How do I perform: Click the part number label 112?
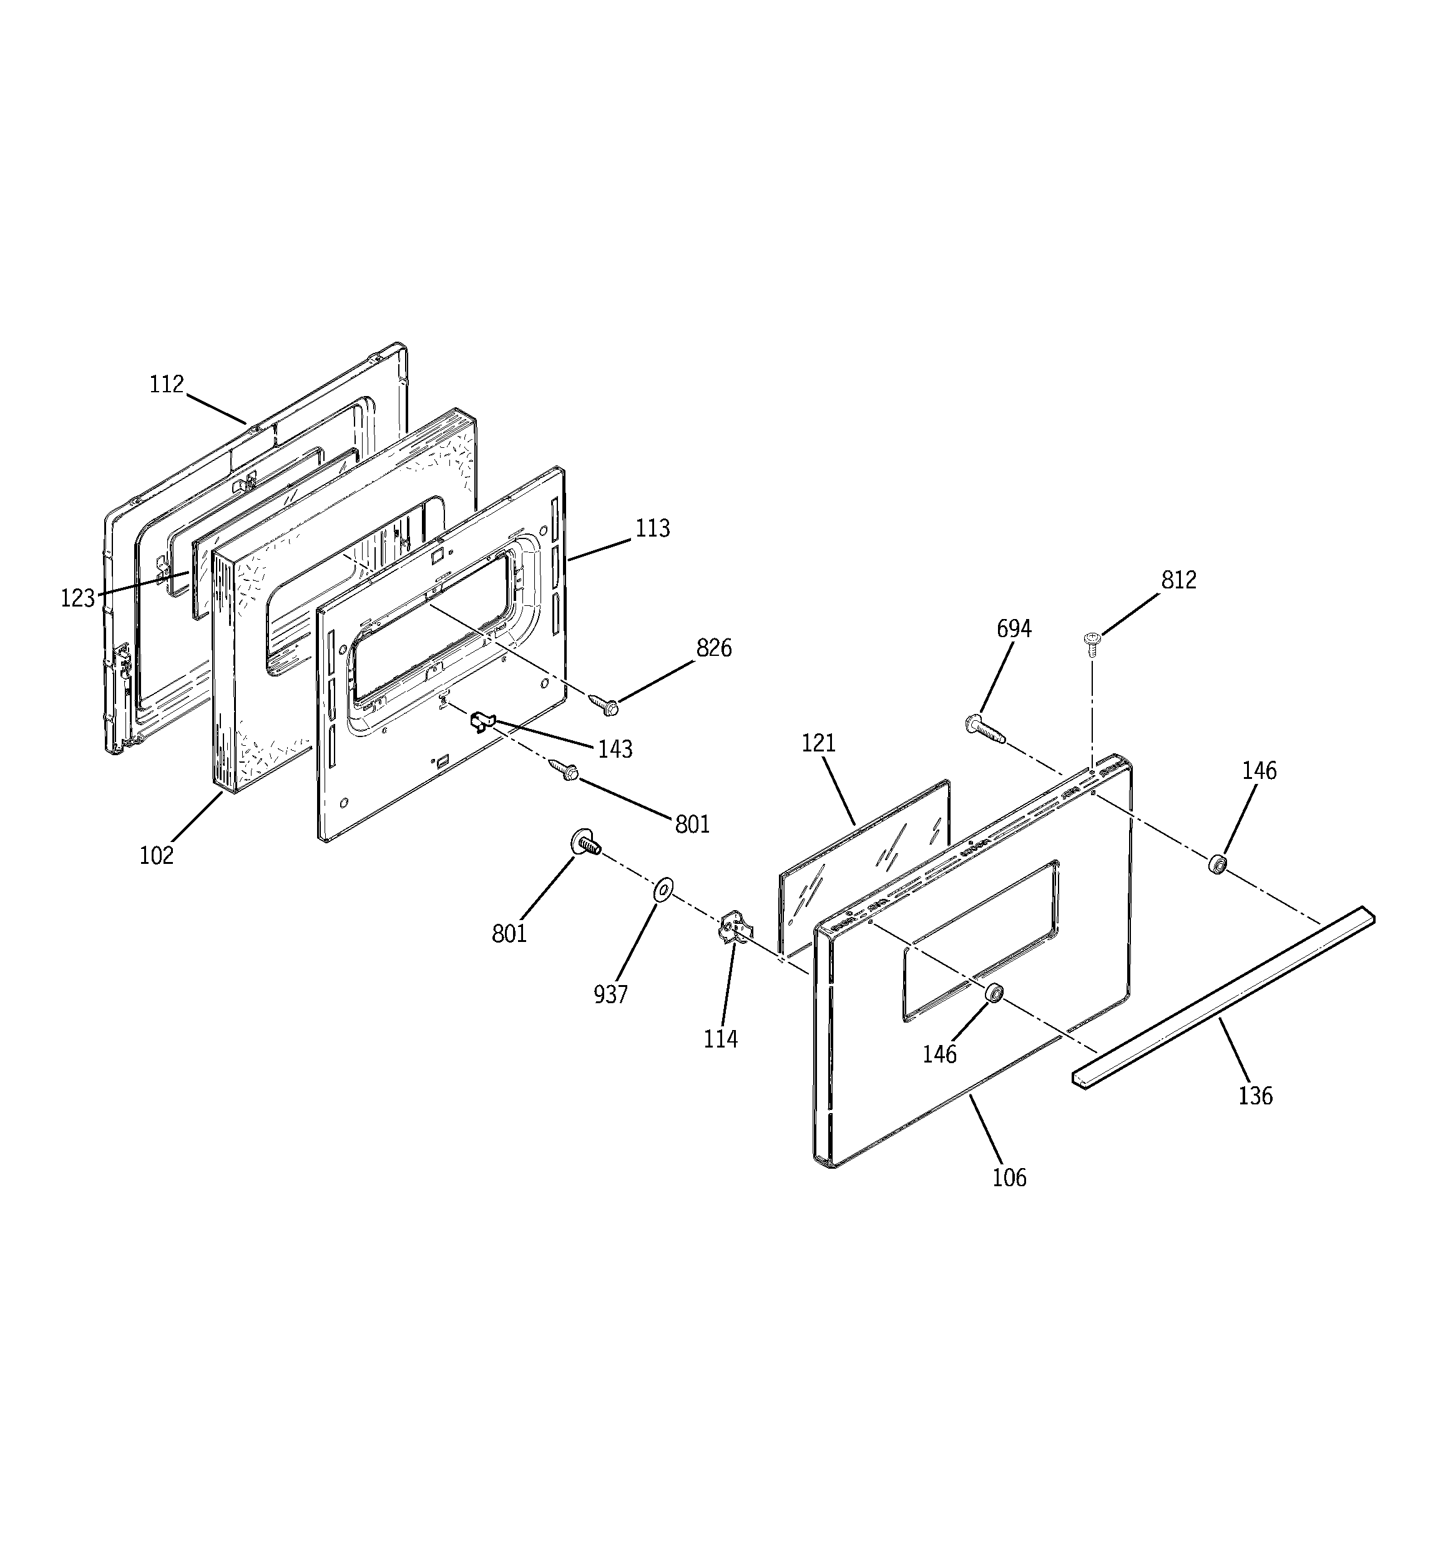tap(166, 384)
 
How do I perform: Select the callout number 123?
tap(78, 598)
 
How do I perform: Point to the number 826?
tap(713, 648)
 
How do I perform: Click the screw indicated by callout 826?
tap(604, 705)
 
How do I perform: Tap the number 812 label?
tap(1178, 580)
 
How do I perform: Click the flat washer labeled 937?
tap(663, 888)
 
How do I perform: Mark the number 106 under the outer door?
tap(1009, 1177)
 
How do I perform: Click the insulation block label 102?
tap(156, 855)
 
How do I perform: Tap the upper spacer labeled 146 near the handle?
tap(1217, 863)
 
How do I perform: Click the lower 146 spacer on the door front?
tap(993, 993)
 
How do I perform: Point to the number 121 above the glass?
tap(818, 743)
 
